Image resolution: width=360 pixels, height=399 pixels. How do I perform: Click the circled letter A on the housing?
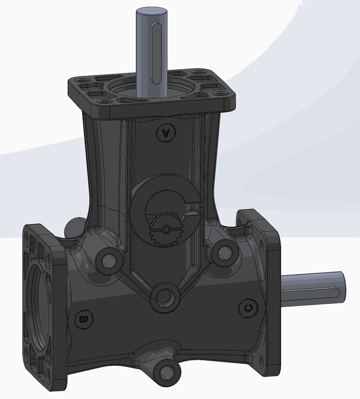pyautogui.click(x=166, y=133)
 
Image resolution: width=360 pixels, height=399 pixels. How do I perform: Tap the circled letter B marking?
pyautogui.click(x=84, y=319)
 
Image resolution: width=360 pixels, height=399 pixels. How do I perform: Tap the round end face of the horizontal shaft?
pyautogui.click(x=342, y=286)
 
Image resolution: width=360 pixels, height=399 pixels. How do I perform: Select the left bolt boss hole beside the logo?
pyautogui.click(x=109, y=260)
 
